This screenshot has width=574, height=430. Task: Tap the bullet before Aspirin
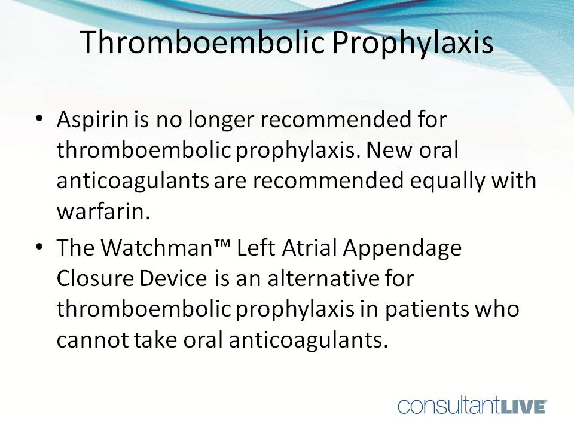[39, 119]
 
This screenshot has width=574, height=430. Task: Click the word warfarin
[102, 213]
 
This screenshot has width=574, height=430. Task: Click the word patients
[429, 311]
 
